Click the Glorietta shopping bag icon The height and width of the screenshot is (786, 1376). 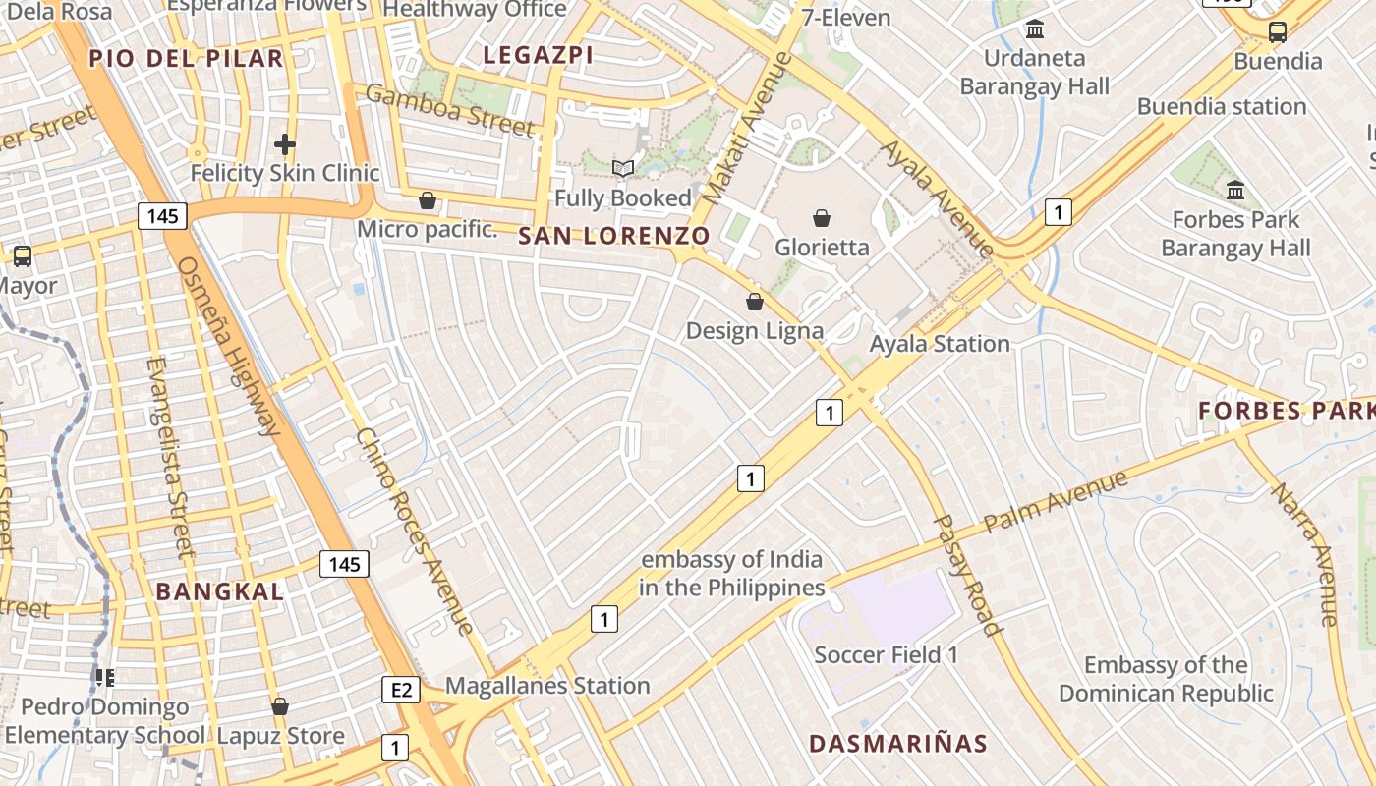pyautogui.click(x=822, y=218)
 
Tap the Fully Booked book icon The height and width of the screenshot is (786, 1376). pyautogui.click(x=623, y=168)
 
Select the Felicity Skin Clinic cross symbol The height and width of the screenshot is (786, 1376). pyautogui.click(x=285, y=145)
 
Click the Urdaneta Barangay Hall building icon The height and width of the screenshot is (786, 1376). pyautogui.click(x=1034, y=29)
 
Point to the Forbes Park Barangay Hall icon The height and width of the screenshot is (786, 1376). pyautogui.click(x=1235, y=190)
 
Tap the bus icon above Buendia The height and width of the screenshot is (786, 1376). pyautogui.click(x=1278, y=32)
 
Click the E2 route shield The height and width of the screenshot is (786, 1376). pyautogui.click(x=401, y=690)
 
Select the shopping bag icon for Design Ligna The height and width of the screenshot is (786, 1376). pyautogui.click(x=755, y=302)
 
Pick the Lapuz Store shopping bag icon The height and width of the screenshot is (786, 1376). pyautogui.click(x=280, y=706)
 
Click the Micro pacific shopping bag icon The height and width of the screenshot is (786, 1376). pyautogui.click(x=428, y=201)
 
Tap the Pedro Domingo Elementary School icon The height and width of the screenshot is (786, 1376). pyautogui.click(x=105, y=677)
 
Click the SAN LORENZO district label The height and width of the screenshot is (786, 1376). pyautogui.click(x=613, y=236)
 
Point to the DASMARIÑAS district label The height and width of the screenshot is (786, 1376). pyautogui.click(x=897, y=744)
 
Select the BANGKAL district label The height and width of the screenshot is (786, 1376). pyautogui.click(x=220, y=591)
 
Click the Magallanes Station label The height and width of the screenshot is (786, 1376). pyautogui.click(x=547, y=686)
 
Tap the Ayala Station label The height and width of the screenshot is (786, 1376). pyautogui.click(x=940, y=344)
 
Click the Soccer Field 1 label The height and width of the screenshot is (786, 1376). pyautogui.click(x=886, y=655)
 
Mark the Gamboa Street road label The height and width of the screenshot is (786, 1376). pyautogui.click(x=451, y=110)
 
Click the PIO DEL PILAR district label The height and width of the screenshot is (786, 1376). pyautogui.click(x=186, y=58)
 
